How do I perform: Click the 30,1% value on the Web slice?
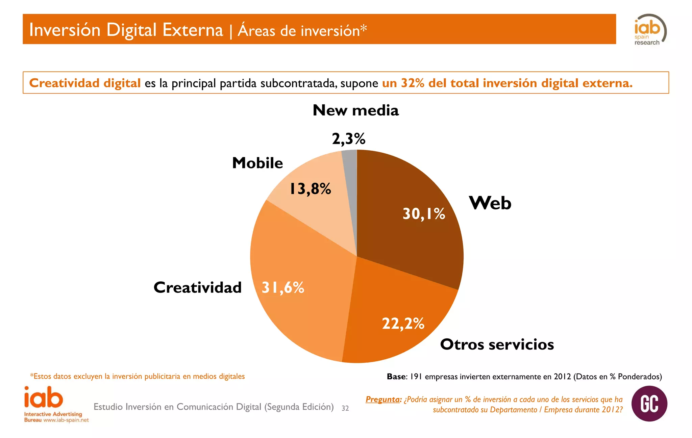tap(424, 214)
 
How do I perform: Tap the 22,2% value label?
tap(403, 324)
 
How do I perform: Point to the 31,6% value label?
tap(283, 288)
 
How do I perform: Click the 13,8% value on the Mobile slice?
tap(310, 189)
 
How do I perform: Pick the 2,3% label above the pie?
tap(348, 139)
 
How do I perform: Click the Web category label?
tap(490, 203)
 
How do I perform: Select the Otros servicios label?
tap(497, 344)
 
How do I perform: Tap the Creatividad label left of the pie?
tap(197, 288)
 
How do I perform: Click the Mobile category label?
tap(257, 163)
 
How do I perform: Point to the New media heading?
tap(355, 110)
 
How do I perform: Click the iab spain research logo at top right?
tap(649, 30)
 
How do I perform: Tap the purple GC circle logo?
tap(649, 404)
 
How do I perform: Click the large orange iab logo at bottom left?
tap(44, 397)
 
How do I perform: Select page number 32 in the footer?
tap(345, 408)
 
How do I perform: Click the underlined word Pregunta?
tap(383, 400)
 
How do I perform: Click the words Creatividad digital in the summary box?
tap(85, 83)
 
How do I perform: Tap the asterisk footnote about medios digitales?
tap(137, 376)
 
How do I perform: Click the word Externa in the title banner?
tap(193, 30)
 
